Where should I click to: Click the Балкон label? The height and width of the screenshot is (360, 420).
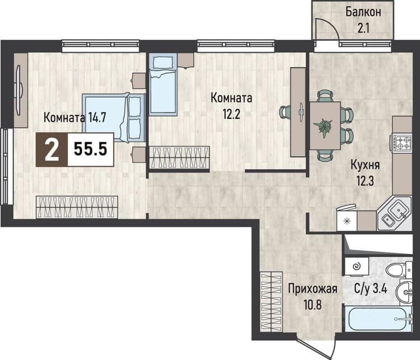coord(363,12)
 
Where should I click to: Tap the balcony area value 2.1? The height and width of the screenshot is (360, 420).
coord(363,28)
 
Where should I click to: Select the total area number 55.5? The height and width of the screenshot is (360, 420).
coord(91,149)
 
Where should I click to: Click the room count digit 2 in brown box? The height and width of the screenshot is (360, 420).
coord(52,150)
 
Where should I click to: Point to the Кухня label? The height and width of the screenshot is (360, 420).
coord(365,165)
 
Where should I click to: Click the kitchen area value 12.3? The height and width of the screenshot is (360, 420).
coord(365,181)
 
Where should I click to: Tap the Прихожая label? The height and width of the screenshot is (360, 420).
coord(312,289)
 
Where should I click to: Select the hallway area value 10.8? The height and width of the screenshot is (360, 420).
coord(312,305)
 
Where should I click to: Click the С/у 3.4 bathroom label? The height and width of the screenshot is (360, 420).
coord(371,289)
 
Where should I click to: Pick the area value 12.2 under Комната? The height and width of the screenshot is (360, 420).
coord(231,114)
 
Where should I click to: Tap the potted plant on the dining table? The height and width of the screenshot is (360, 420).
coord(324,128)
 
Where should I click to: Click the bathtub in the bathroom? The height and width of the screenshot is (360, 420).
coord(378,319)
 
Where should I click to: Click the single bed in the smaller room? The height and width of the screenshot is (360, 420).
coord(163,85)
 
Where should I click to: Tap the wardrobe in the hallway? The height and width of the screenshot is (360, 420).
coord(272,301)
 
